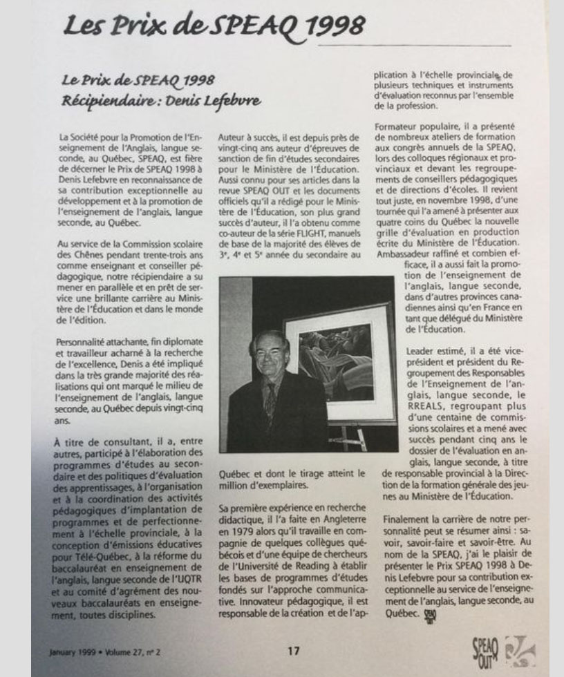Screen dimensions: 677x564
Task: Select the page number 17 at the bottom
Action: (x=294, y=649)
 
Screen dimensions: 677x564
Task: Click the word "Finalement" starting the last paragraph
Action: (x=407, y=517)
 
